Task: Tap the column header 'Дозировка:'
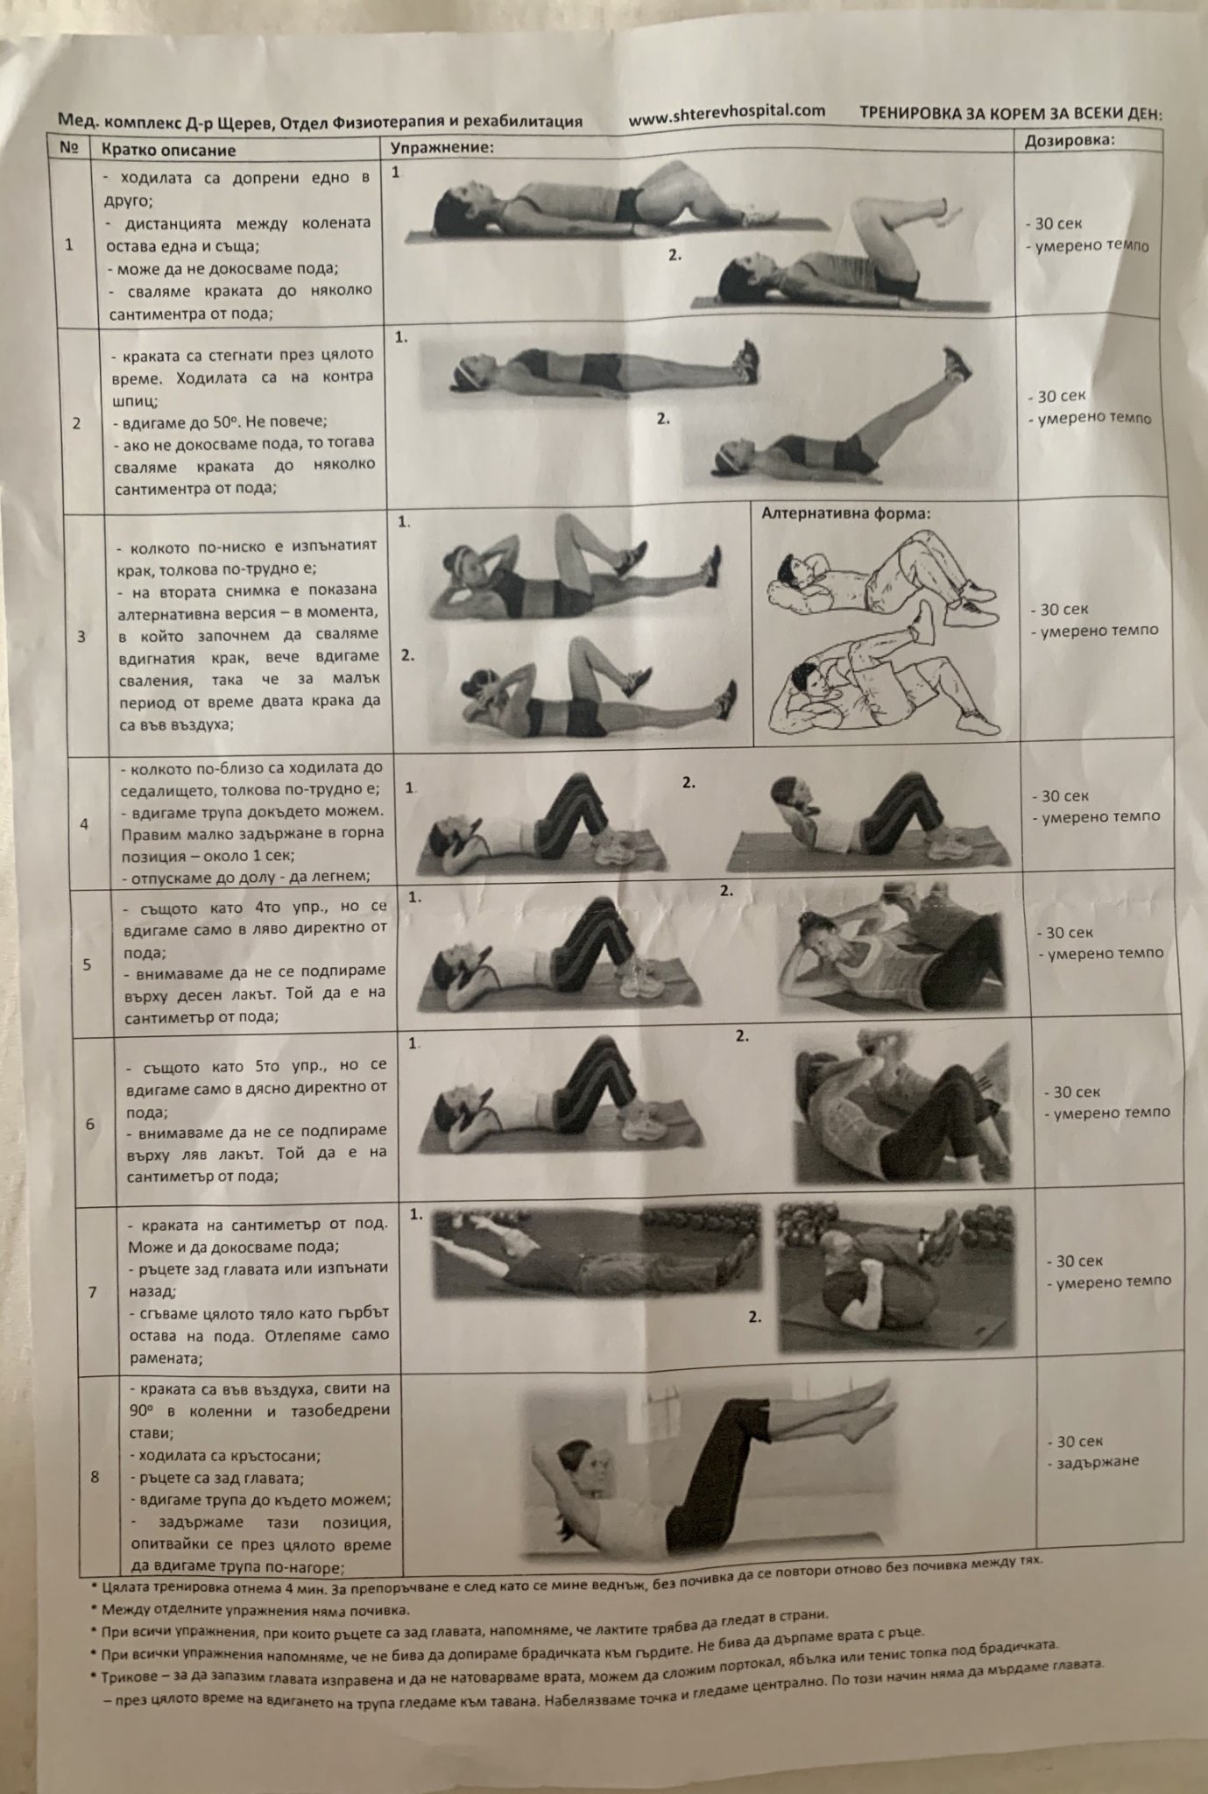(x=1070, y=140)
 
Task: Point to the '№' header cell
(x=70, y=147)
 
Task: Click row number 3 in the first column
(x=81, y=636)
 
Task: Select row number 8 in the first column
(x=95, y=1476)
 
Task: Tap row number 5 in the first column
(x=87, y=964)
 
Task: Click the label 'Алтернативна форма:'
(x=845, y=513)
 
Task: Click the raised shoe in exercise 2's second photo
(x=957, y=363)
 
